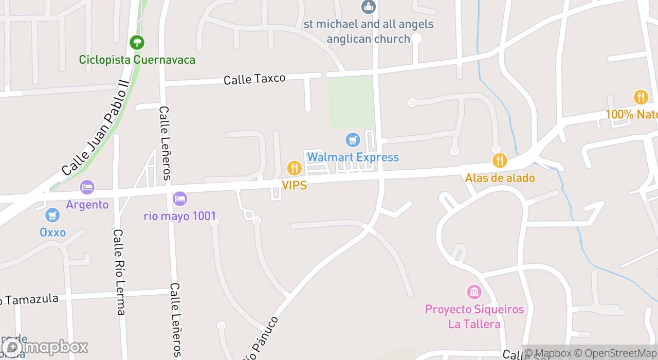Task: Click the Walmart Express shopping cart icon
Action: pyautogui.click(x=353, y=139)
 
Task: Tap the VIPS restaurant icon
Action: pyautogui.click(x=294, y=168)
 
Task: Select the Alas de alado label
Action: pyautogui.click(x=500, y=178)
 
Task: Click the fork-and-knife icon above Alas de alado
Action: pyautogui.click(x=500, y=160)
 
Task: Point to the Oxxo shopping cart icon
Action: pyautogui.click(x=52, y=215)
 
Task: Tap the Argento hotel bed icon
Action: pyautogui.click(x=87, y=187)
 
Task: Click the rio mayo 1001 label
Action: pyautogui.click(x=180, y=216)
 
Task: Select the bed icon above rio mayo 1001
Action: pyautogui.click(x=180, y=199)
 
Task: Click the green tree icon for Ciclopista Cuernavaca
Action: pyautogui.click(x=137, y=42)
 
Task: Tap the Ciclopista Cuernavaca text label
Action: pyautogui.click(x=137, y=60)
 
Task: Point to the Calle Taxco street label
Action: pyautogui.click(x=254, y=79)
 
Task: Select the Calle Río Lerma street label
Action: pyautogui.click(x=119, y=272)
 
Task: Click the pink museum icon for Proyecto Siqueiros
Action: pyautogui.click(x=474, y=292)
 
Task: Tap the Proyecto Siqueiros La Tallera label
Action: pyautogui.click(x=474, y=316)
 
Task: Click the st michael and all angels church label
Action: pyautogui.click(x=369, y=31)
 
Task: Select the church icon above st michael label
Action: pyautogui.click(x=369, y=7)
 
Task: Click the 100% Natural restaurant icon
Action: pyautogui.click(x=641, y=97)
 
